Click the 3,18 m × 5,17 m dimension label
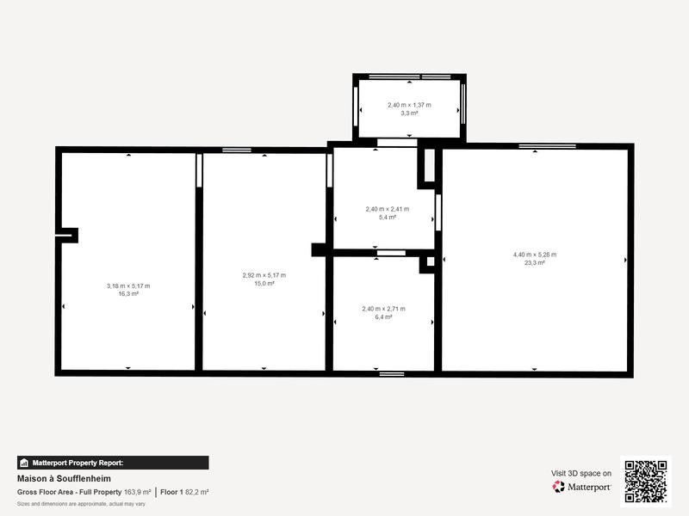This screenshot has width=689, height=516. (x=128, y=286)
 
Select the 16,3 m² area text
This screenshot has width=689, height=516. (x=128, y=294)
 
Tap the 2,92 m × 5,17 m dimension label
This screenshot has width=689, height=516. (x=264, y=275)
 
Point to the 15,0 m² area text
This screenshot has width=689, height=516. (x=264, y=283)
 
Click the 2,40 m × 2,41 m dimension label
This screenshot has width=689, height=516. (x=388, y=209)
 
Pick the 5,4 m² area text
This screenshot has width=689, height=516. (x=388, y=218)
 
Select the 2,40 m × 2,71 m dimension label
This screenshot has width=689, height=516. (x=383, y=309)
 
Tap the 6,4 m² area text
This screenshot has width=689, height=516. (x=383, y=317)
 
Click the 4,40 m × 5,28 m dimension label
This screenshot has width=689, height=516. (x=535, y=255)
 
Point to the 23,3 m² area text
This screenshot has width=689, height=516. (x=535, y=263)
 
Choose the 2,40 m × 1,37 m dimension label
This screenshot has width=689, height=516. (x=409, y=105)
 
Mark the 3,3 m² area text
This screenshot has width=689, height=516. (x=409, y=114)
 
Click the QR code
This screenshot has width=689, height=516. (x=645, y=481)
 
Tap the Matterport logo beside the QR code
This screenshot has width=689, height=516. (x=582, y=487)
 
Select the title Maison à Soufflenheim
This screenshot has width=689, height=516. (x=64, y=479)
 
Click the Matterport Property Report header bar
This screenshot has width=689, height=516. (x=113, y=463)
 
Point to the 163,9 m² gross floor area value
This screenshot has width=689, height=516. (x=137, y=492)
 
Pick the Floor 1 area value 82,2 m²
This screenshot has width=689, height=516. (x=197, y=492)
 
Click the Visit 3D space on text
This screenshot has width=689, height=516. (x=581, y=473)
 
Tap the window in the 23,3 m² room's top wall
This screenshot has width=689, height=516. (x=547, y=146)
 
